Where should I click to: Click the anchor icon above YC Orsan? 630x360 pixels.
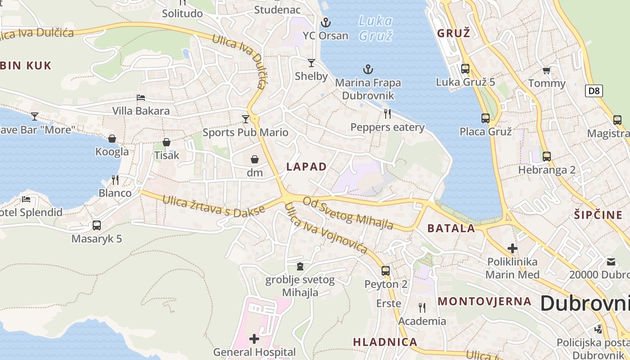point(325,22)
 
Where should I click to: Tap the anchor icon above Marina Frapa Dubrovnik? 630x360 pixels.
point(368,69)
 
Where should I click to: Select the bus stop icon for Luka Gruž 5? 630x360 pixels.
point(465,69)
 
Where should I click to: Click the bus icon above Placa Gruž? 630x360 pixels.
point(486,118)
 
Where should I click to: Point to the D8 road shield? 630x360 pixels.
point(594,91)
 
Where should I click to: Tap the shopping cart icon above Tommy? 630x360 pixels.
point(547,70)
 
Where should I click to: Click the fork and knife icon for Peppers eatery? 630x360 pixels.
point(387,113)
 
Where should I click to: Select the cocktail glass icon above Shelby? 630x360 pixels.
point(311,63)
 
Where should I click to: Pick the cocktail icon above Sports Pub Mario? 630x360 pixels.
point(245,119)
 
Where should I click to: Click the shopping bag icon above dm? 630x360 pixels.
point(255,159)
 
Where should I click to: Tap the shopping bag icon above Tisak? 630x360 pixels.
point(166,142)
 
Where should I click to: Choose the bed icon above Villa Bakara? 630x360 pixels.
point(141,98)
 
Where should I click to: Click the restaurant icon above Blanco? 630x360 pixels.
point(115,180)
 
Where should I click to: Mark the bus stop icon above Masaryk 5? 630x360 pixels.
point(97,225)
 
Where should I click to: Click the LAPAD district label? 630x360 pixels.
point(306,166)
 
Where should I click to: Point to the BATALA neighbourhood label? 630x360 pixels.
point(451,228)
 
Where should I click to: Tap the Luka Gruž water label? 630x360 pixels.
point(376,28)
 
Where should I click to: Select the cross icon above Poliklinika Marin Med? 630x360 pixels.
point(512,248)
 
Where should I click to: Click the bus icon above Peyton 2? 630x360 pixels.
point(386,271)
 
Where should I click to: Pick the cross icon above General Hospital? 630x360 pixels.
point(254,339)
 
